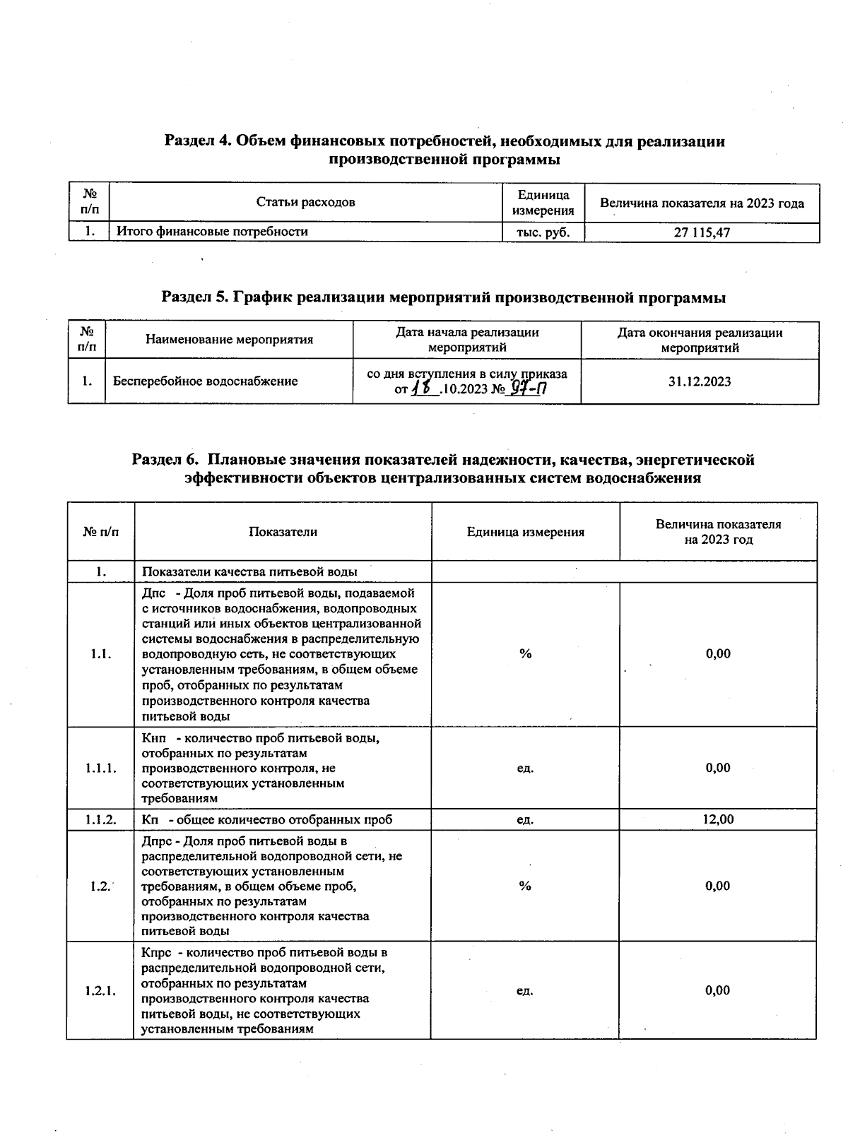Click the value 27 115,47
tap(702, 232)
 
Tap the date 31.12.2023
tap(700, 381)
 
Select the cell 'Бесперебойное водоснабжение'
tap(206, 381)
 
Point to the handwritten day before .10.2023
tap(425, 388)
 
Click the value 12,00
tap(718, 819)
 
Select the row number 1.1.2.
tap(101, 819)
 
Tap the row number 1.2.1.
tap(100, 990)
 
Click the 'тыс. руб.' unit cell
tap(543, 232)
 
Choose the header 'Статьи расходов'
tap(305, 203)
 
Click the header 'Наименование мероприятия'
tap(229, 340)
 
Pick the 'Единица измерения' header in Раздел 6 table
tap(525, 532)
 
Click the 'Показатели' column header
tap(283, 532)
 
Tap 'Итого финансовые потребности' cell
tap(212, 231)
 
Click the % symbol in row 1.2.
tap(525, 886)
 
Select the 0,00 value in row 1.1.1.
tap(718, 768)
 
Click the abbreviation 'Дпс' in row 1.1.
tap(153, 593)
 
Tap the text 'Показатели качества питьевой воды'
tap(249, 571)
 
